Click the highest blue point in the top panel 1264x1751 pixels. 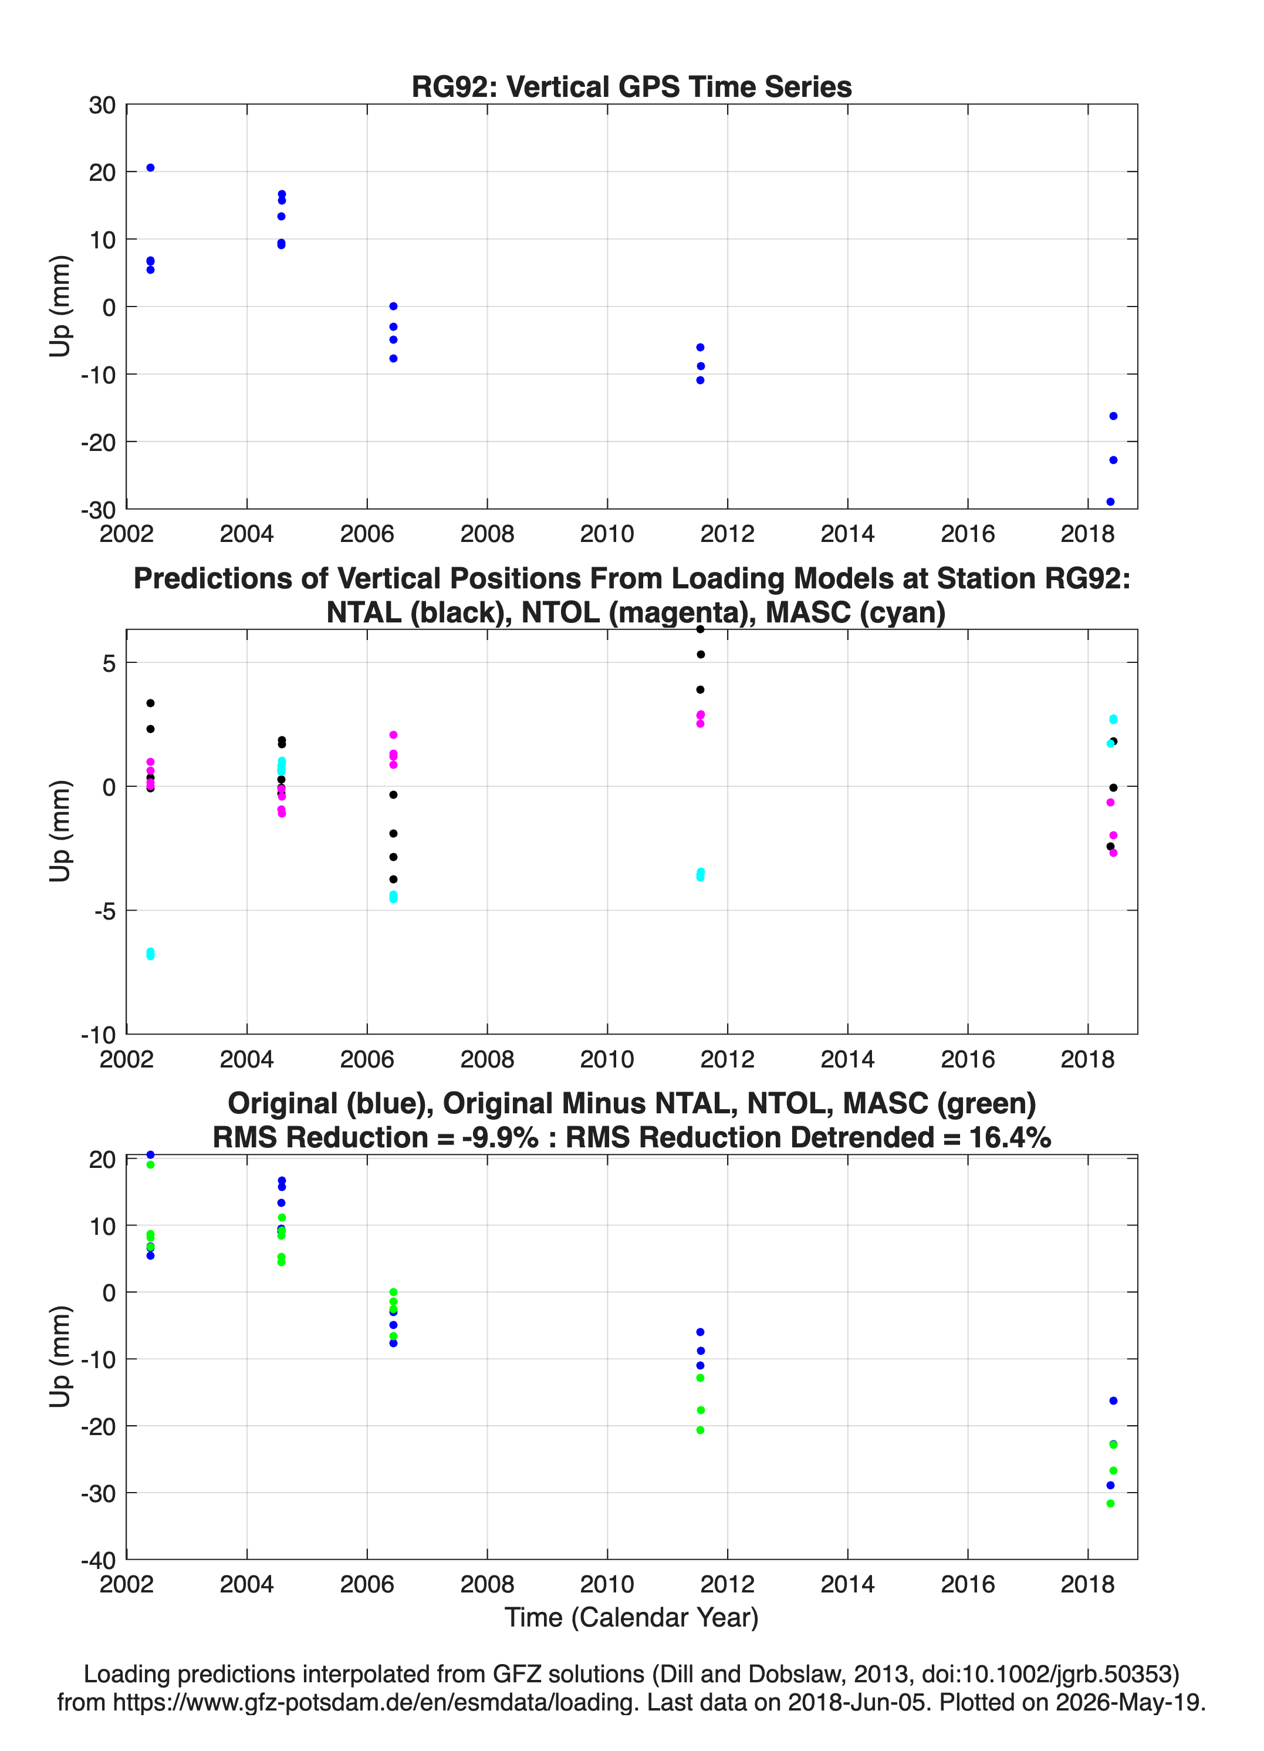point(150,167)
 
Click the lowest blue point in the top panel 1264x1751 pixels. point(1110,502)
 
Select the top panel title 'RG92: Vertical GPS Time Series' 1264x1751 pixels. point(631,86)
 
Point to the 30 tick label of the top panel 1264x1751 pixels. point(103,105)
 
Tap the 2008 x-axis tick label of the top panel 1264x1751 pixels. point(487,534)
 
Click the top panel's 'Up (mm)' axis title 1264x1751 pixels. point(60,307)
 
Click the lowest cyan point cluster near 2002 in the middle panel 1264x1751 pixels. point(150,954)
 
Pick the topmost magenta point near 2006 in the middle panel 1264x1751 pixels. point(394,735)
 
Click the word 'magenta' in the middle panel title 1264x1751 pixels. point(659,612)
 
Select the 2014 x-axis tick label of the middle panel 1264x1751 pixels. point(847,1059)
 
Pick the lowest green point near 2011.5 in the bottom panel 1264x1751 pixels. point(701,1430)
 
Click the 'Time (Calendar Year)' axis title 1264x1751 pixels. point(631,1617)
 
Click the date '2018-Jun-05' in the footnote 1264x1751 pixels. point(857,1702)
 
